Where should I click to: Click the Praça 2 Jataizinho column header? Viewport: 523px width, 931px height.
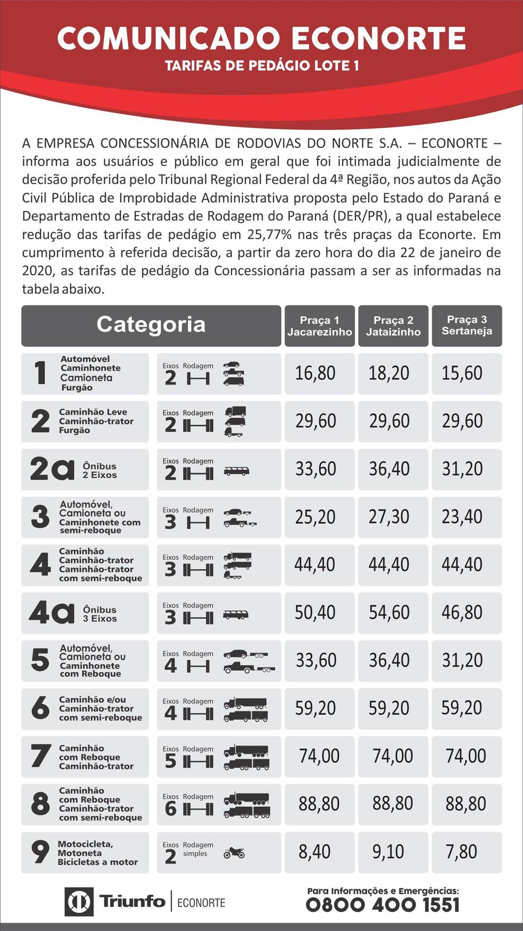393,326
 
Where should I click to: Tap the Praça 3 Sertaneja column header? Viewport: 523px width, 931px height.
467,325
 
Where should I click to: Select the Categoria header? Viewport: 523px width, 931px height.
151,325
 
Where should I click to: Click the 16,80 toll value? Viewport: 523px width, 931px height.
315,373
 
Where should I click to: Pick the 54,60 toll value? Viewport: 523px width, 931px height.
389,612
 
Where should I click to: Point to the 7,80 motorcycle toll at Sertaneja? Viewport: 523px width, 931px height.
462,851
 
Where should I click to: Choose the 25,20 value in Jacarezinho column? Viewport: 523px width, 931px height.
315,517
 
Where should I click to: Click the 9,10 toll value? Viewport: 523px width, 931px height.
388,851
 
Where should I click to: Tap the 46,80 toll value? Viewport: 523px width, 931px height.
462,612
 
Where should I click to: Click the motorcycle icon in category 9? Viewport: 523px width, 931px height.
234,853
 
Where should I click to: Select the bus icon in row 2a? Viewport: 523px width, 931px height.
236,471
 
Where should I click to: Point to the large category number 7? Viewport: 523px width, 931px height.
40,756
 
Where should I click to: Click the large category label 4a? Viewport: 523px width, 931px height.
51,613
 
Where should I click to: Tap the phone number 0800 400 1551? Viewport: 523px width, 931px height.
383,905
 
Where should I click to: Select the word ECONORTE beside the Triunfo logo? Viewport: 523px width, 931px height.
201,903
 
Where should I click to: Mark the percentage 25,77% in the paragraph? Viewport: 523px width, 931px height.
271,235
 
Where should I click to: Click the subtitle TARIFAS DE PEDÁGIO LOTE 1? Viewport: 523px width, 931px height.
262,66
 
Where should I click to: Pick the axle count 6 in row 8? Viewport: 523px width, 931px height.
170,809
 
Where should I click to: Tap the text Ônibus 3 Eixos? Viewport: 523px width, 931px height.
100,614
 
